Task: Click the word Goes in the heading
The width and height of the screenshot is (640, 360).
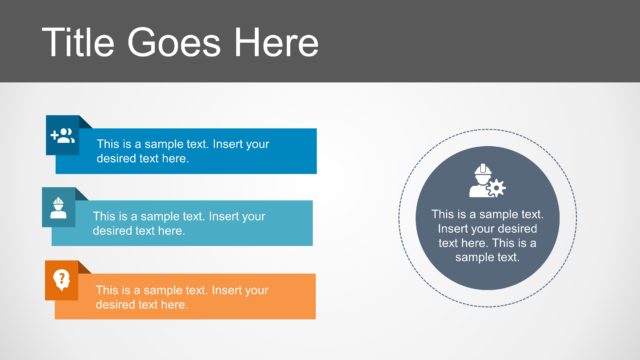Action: pyautogui.click(x=181, y=42)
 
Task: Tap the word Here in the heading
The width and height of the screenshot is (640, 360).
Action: pyautogui.click(x=274, y=42)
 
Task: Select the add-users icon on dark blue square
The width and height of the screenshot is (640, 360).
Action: pyautogui.click(x=63, y=136)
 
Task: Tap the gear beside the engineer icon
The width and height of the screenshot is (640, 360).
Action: pyautogui.click(x=497, y=187)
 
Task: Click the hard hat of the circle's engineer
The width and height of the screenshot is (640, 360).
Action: pyautogui.click(x=482, y=169)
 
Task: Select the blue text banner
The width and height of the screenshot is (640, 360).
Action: pyautogui.click(x=250, y=151)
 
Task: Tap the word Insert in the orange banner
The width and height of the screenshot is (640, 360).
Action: pyautogui.click(x=224, y=290)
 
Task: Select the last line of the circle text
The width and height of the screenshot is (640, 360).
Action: pyautogui.click(x=487, y=257)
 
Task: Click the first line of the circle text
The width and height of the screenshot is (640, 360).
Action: pyautogui.click(x=487, y=214)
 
